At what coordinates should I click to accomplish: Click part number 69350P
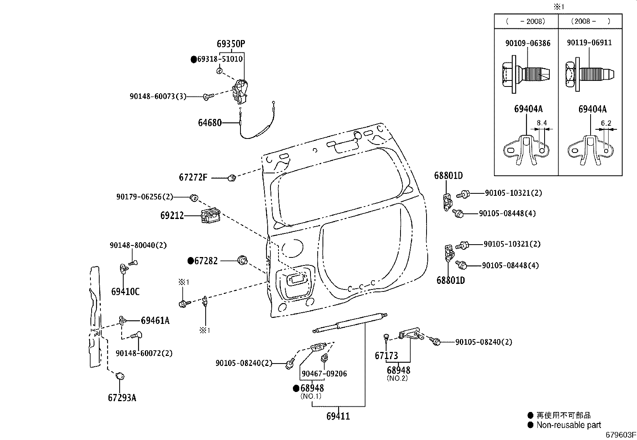pos(230,44)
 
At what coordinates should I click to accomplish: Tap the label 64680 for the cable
pos(210,123)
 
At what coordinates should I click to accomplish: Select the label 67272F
pos(193,177)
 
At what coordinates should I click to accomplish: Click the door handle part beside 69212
pos(210,217)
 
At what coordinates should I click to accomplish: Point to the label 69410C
pos(125,291)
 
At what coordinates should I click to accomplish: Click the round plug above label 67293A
pos(119,376)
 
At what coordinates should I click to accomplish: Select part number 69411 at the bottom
pos(338,416)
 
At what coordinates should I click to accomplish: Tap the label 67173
pos(386,356)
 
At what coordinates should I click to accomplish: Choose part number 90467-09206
pos(324,374)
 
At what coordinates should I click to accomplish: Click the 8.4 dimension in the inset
pos(542,123)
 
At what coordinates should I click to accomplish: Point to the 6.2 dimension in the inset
pos(606,123)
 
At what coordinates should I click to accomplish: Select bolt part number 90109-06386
pos(528,43)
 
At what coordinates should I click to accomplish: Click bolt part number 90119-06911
pos(589,42)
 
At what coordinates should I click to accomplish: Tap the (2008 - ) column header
pos(590,21)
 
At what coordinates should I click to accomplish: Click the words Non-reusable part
pos(569,425)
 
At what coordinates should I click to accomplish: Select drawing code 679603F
pos(620,435)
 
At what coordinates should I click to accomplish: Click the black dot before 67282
pos(191,261)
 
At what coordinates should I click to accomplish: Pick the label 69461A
pos(155,320)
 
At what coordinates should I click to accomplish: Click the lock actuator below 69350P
pos(240,92)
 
